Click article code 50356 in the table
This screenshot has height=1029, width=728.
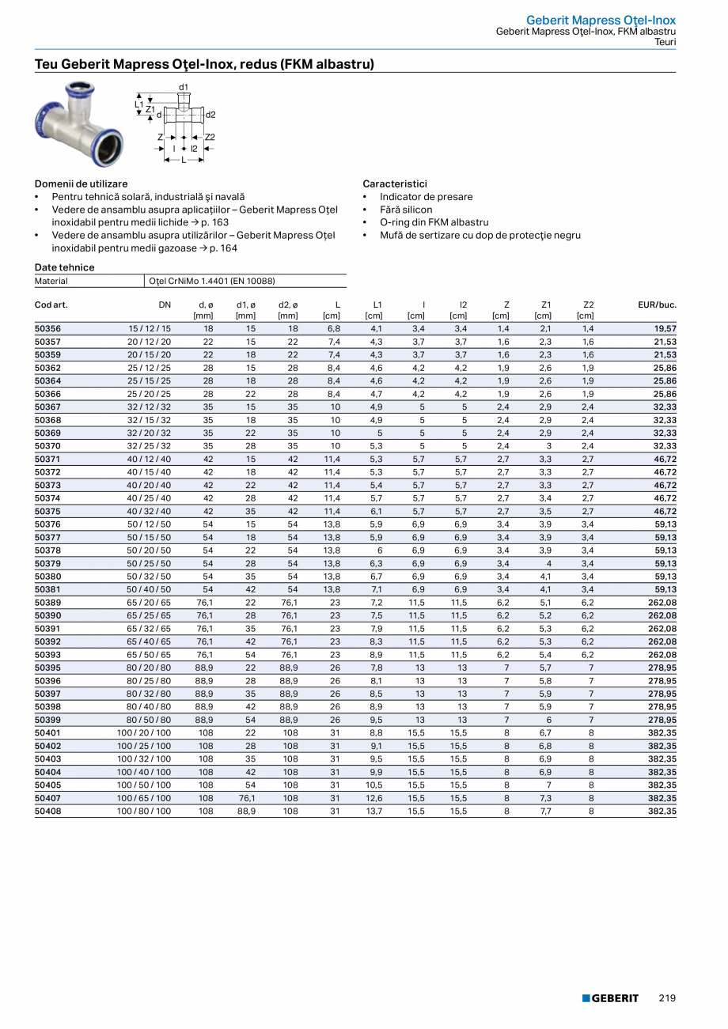coord(48,328)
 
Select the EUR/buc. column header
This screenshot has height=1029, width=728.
coord(657,305)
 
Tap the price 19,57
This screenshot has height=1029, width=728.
coord(665,328)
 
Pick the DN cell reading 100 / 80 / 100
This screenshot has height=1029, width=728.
coord(144,811)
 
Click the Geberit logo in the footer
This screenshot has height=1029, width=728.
coord(610,998)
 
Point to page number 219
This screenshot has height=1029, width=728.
coord(667,998)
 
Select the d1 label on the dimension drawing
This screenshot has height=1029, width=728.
coord(184,87)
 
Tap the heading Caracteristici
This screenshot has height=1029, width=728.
coord(395,183)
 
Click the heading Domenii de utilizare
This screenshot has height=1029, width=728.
coord(81,183)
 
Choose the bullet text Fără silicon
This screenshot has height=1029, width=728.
coord(406,210)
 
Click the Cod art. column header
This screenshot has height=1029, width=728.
coord(51,305)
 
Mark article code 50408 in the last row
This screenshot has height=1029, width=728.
coord(48,811)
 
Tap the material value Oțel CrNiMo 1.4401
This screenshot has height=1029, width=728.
coord(211,281)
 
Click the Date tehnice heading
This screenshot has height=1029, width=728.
coord(64,267)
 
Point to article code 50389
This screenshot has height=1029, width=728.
coord(48,603)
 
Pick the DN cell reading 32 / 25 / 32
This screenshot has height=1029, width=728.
coord(149,446)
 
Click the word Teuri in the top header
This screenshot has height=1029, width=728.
coord(665,42)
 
